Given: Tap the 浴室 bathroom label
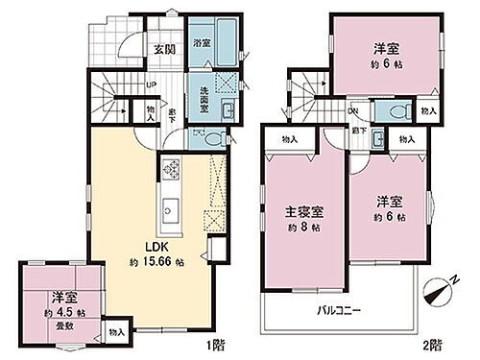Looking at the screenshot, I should click(202, 43).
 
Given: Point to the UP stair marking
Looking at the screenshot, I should click(151, 84).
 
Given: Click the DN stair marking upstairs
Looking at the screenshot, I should click(353, 109).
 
